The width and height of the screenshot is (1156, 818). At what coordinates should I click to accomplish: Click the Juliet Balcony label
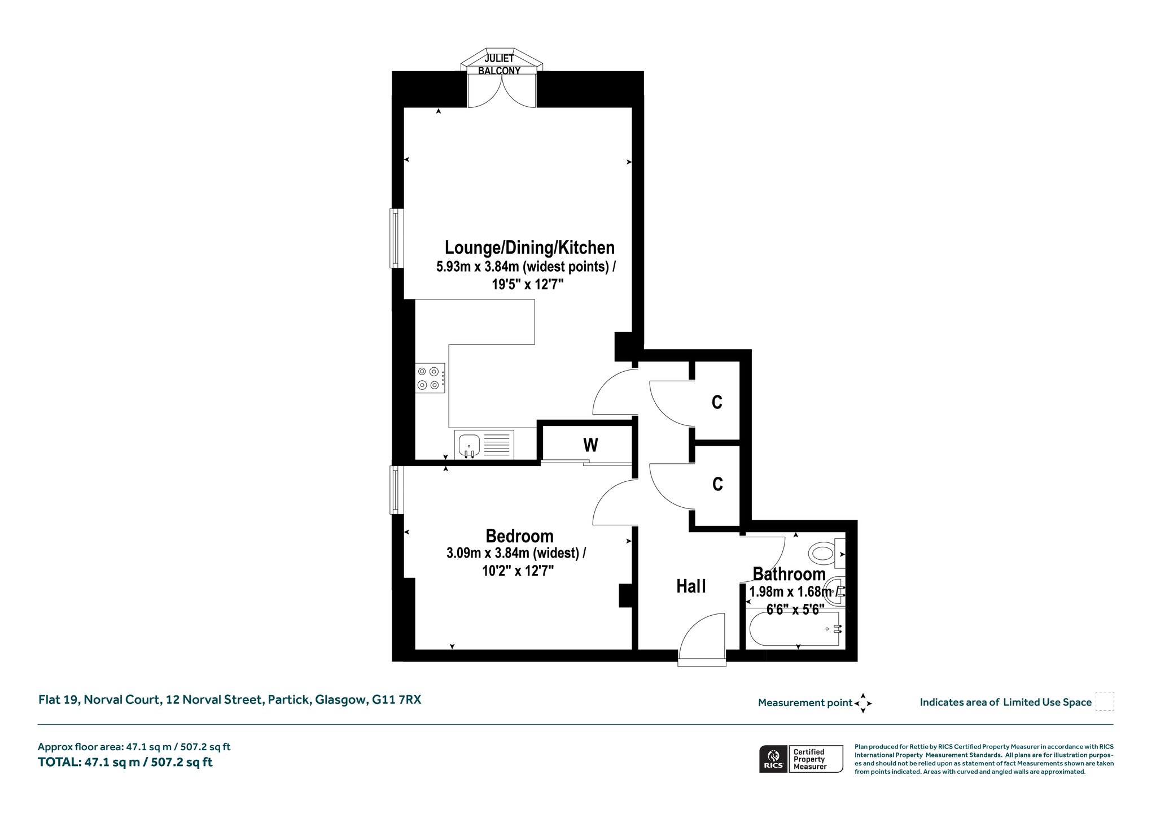click(x=499, y=64)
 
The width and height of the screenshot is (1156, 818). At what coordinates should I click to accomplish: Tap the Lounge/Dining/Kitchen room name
click(x=529, y=247)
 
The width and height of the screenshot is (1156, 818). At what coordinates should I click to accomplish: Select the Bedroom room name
click(x=519, y=536)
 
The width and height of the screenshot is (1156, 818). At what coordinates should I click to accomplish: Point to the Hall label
click(x=691, y=586)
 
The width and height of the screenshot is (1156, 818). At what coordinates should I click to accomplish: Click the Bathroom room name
click(x=789, y=574)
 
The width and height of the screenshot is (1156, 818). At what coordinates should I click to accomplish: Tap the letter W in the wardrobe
click(x=590, y=445)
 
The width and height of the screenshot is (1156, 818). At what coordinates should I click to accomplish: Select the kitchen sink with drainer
click(x=484, y=445)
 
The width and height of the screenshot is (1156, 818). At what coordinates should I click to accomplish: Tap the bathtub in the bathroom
click(x=796, y=629)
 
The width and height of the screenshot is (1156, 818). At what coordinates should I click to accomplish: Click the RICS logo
click(x=773, y=758)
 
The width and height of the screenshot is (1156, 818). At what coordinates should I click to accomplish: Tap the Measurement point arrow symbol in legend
click(x=863, y=703)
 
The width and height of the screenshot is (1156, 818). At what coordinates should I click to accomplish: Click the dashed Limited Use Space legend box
click(x=1105, y=702)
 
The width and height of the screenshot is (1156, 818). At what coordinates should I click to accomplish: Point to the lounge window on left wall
click(x=397, y=238)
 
